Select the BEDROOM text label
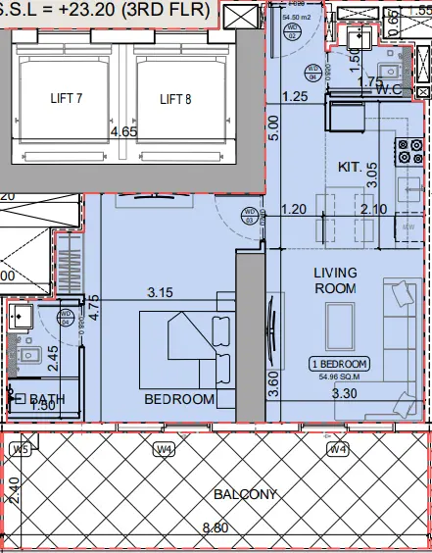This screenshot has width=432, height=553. coord(179,399)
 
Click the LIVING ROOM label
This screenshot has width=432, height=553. coord(334,279)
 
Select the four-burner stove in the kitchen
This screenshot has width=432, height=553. coord(408,151)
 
